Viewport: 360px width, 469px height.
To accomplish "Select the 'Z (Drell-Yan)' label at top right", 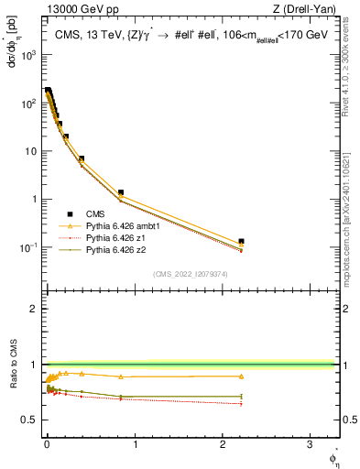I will point(308,10).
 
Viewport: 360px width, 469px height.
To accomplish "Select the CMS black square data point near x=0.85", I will point(121,192).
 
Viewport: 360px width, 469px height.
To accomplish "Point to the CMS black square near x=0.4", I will point(82,159).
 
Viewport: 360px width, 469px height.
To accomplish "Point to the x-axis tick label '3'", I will point(311,445).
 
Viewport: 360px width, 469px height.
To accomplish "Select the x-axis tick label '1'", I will point(135,445).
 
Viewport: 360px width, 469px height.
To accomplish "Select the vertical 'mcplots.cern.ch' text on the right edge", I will point(351,229).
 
